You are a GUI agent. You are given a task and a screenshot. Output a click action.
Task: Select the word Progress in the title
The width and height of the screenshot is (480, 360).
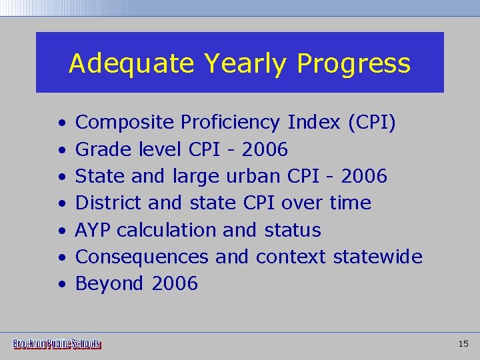(353, 65)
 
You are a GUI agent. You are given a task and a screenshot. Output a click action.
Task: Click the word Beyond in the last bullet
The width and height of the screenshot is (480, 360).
(109, 284)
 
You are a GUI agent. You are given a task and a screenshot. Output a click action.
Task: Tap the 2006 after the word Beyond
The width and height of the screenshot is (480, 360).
(175, 283)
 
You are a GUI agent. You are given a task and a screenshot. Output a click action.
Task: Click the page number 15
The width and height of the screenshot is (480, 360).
(464, 344)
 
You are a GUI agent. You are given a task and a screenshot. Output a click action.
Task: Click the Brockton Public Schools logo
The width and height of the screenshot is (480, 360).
(57, 344)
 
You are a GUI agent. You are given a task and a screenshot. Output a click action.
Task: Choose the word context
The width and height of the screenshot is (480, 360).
(291, 257)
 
